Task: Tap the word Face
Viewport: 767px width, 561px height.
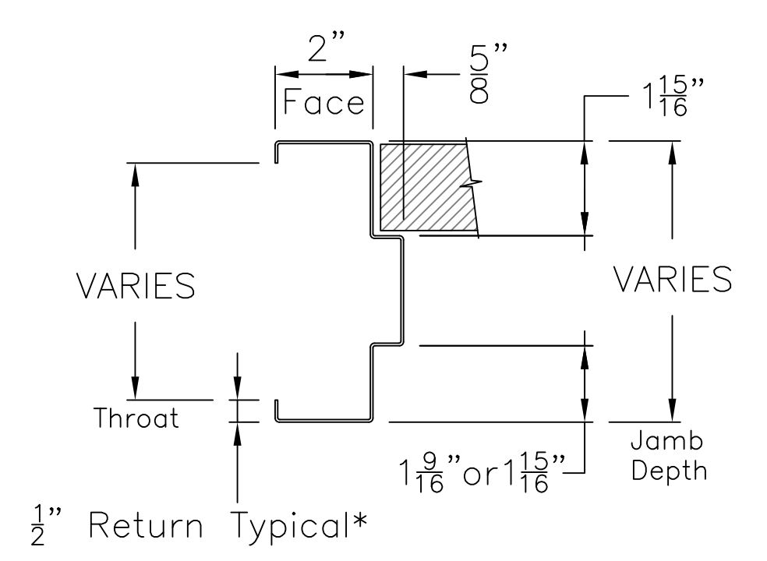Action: click(323, 102)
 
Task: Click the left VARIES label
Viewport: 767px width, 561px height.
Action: click(136, 285)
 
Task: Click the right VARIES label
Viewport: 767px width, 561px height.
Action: click(672, 279)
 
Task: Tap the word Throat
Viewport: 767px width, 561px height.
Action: click(136, 418)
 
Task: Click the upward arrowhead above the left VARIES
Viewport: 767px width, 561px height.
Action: click(135, 173)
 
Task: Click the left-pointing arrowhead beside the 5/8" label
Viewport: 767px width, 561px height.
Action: click(412, 75)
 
